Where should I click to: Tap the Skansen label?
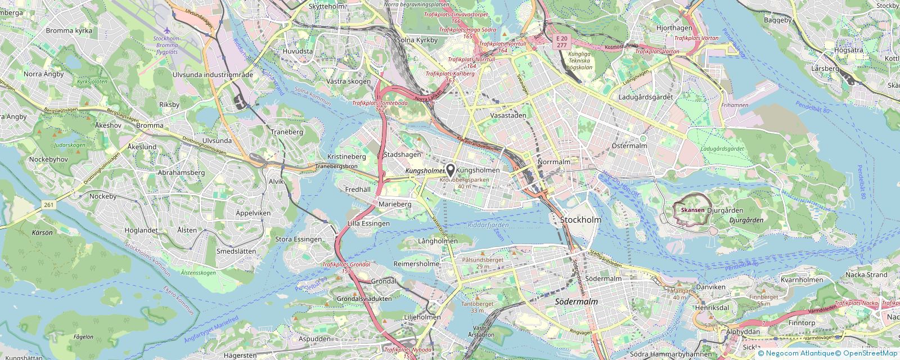(x=692, y=210)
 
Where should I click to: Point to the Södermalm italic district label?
(x=576, y=301)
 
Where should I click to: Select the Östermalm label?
(x=629, y=146)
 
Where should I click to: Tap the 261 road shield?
(x=48, y=205)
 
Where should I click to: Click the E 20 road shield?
(x=561, y=38)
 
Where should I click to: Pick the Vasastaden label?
(x=508, y=115)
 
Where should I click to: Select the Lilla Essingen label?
(x=368, y=223)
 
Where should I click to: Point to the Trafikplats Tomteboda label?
(x=372, y=103)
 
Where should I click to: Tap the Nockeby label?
(x=103, y=196)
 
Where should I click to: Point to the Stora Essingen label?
(x=298, y=239)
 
